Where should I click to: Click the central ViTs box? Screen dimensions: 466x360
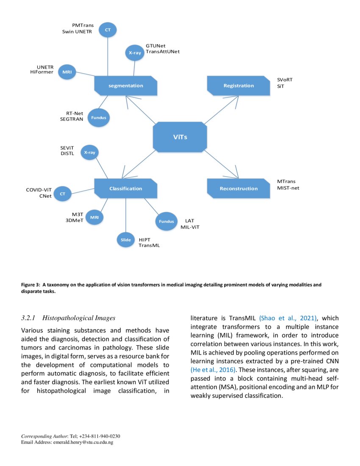coord(180,137)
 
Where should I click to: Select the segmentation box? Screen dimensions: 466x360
coord(126,86)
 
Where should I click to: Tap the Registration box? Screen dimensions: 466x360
coord(238,86)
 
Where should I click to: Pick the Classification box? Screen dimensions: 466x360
coord(126,189)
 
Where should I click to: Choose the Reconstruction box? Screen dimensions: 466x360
coord(238,189)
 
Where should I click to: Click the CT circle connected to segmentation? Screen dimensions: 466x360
coord(108,30)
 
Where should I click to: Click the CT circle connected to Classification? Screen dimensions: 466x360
coord(62,194)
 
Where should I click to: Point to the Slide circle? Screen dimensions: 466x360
coord(125,240)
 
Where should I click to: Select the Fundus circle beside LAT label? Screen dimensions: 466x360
coord(166,221)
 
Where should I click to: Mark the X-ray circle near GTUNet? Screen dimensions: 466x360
coord(135,53)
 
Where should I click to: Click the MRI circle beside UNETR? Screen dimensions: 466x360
coord(66,72)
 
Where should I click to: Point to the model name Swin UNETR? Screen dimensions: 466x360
coord(78,32)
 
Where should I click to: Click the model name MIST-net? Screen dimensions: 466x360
coord(288,188)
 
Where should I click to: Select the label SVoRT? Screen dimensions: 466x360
coord(285,80)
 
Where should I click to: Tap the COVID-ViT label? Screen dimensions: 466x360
coord(39,190)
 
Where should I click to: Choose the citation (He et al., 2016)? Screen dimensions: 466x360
coord(213,369)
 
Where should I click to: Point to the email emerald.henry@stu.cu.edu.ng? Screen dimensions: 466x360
coord(83,442)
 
